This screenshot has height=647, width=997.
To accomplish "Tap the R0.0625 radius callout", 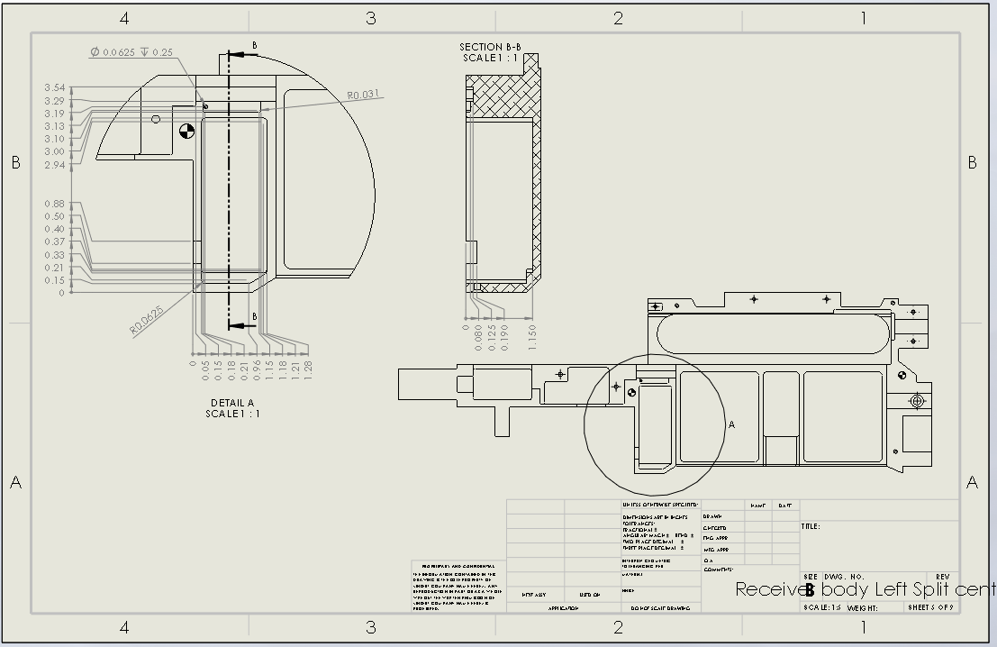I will point(147,320).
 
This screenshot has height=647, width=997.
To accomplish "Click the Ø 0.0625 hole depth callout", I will point(131,52).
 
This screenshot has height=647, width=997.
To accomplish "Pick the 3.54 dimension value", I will point(54,87).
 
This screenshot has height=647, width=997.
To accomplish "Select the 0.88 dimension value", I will point(54,204).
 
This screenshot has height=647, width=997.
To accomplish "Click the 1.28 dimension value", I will point(308,369).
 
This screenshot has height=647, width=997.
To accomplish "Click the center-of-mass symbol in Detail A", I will point(186,132).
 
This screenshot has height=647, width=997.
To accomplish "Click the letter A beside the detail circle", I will point(731,424).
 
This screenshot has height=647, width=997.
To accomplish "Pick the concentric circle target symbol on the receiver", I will point(917,400).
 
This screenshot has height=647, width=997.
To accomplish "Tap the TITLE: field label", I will point(811,526).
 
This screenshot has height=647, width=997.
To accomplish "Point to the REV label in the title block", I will point(943,577).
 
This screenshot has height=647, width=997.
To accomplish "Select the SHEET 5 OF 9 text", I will point(930,608).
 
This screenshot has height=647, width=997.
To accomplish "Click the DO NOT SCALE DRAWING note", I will point(659,608).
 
